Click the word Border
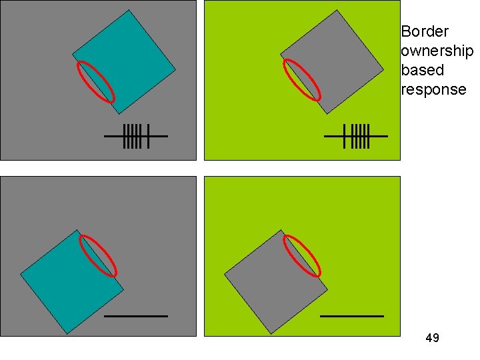[425, 31]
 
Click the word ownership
[437, 51]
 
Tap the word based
[422, 70]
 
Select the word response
[433, 89]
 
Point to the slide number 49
[432, 338]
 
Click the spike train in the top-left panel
[135, 136]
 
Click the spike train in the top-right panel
[355, 136]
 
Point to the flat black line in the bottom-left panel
[136, 315]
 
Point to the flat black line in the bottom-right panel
[352, 315]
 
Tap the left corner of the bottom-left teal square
[21, 275]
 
